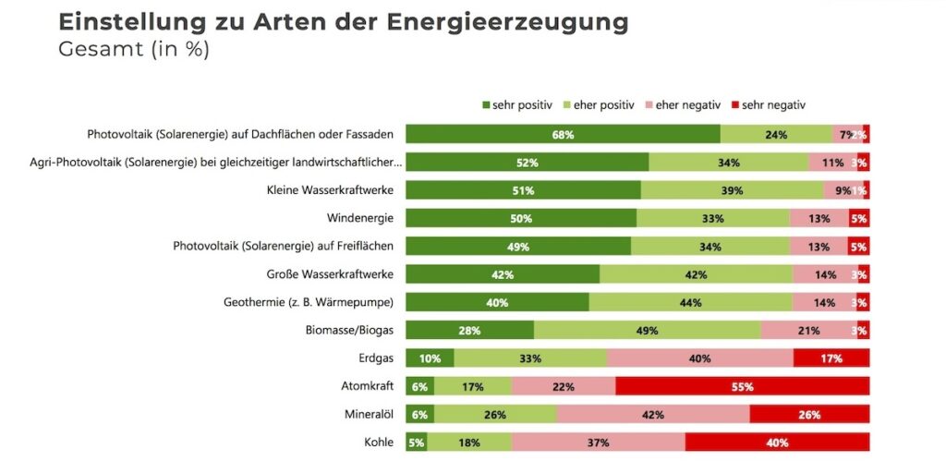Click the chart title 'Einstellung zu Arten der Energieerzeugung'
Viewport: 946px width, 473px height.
(x=343, y=22)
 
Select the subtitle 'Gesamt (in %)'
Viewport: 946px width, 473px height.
(x=134, y=50)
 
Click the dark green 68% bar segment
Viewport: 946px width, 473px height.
(x=563, y=135)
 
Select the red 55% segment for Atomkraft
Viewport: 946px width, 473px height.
(x=743, y=386)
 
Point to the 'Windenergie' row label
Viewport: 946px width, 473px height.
(x=360, y=219)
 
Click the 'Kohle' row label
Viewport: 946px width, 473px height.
(x=379, y=443)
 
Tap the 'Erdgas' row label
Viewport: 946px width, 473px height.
(x=375, y=358)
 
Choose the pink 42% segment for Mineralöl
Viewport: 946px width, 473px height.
(x=653, y=415)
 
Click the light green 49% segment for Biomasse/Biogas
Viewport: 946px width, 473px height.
(x=647, y=331)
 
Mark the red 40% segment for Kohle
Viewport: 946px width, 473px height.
(x=777, y=443)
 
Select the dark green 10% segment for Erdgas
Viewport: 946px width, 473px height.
(x=430, y=358)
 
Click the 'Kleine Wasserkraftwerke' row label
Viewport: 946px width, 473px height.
(x=324, y=190)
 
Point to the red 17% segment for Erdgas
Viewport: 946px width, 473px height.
(x=831, y=358)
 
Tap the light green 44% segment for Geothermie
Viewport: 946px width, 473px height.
(x=690, y=302)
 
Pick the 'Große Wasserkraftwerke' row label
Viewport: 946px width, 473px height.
(x=330, y=274)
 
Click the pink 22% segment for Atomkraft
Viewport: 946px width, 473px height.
(x=564, y=386)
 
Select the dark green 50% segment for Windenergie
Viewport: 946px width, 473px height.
(x=521, y=219)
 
